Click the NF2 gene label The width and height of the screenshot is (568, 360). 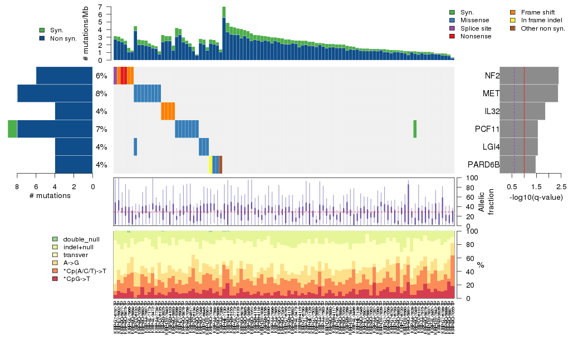[492, 76]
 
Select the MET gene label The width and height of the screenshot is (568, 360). [491, 93]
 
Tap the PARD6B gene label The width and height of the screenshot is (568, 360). [483, 165]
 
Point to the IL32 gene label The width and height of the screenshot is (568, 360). [492, 111]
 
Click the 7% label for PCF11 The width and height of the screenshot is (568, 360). [101, 129]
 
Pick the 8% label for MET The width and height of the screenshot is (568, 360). [101, 93]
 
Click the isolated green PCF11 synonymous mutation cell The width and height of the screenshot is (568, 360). [415, 129]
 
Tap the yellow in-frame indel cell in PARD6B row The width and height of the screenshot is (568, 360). [210, 165]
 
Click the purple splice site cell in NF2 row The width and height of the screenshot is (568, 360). [115, 76]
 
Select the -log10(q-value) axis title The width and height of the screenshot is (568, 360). [536, 197]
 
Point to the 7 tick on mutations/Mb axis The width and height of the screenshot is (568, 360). [100, 7]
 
